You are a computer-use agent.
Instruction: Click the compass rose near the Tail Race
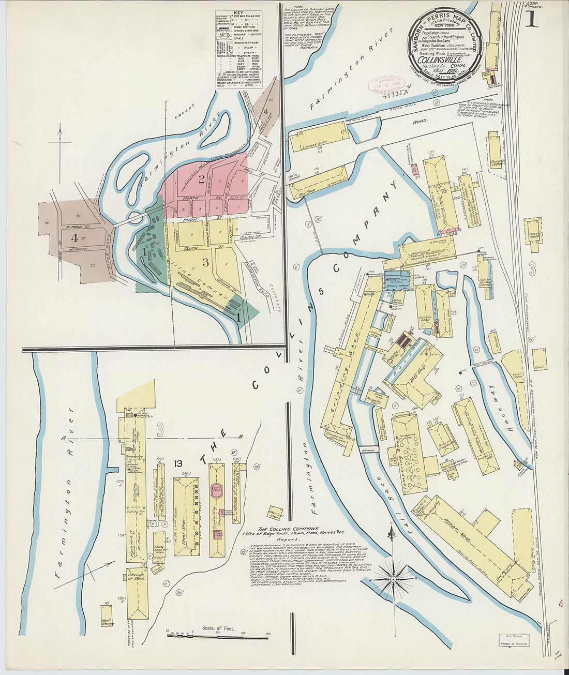[394, 578]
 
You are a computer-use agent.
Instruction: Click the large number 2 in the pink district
[201, 179]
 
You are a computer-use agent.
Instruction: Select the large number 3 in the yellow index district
[205, 262]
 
